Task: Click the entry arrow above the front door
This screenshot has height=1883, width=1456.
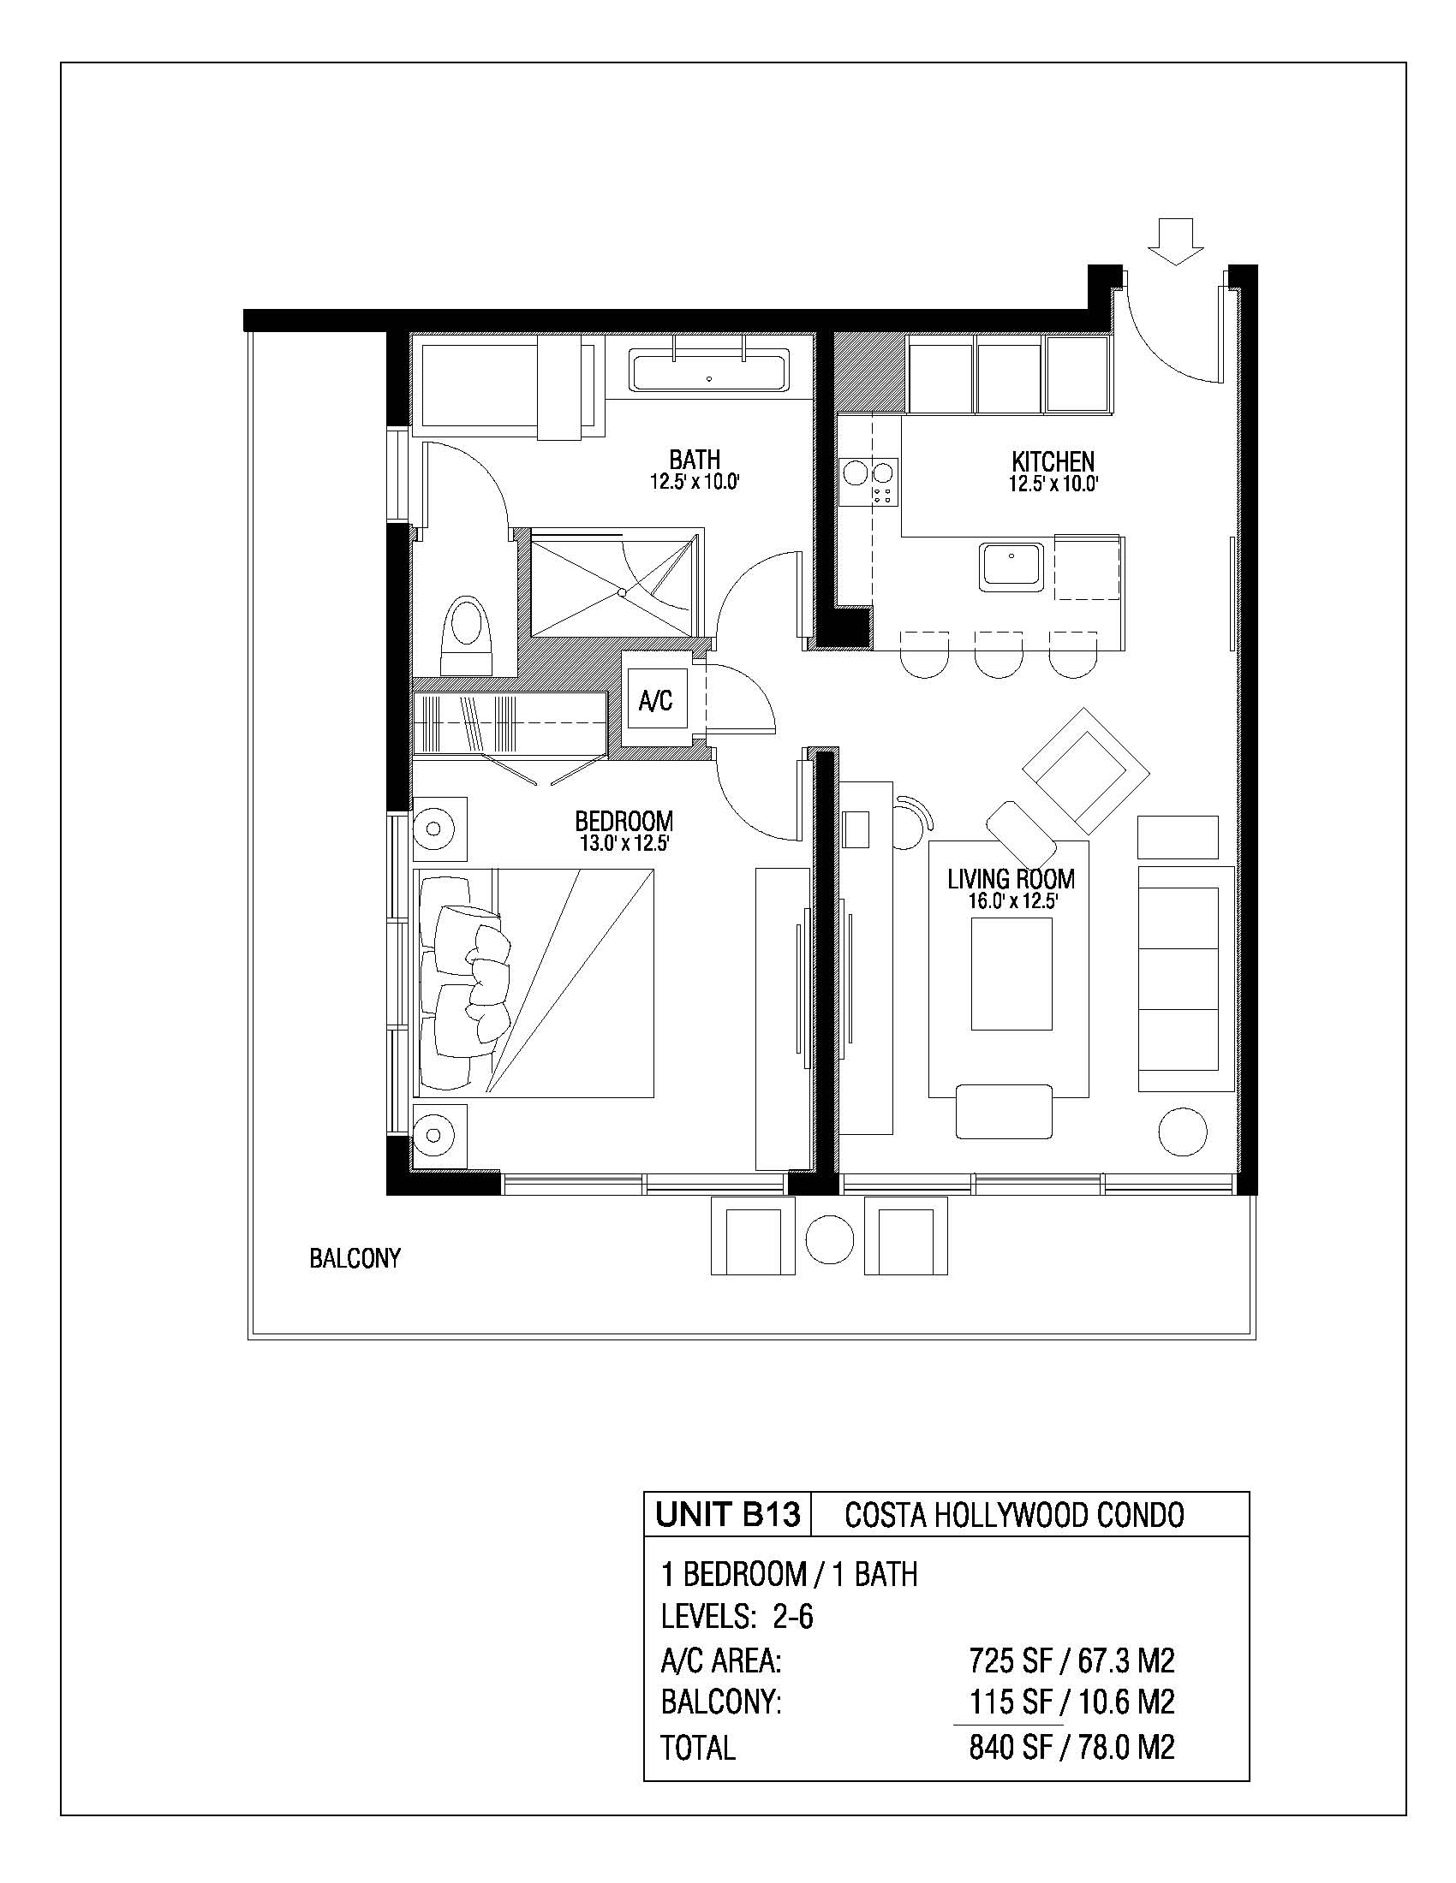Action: tap(1176, 241)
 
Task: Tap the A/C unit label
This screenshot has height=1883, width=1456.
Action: tap(655, 701)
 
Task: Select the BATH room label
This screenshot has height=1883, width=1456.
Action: tap(695, 460)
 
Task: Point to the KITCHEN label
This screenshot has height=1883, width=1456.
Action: tap(1053, 461)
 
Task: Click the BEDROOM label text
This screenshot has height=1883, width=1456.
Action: tap(624, 821)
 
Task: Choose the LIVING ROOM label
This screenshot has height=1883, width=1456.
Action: tap(1011, 879)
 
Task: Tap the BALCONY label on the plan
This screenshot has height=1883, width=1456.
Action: tap(355, 1259)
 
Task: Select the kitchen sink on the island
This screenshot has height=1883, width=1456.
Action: tap(1011, 567)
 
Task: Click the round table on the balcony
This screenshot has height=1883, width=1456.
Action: tap(831, 1240)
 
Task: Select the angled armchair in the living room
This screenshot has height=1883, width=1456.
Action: tap(1086, 769)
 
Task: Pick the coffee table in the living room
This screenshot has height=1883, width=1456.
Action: tap(1011, 973)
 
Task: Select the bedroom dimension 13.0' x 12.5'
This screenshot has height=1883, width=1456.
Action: tap(624, 843)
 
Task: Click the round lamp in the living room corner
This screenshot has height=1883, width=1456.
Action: tap(1182, 1132)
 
